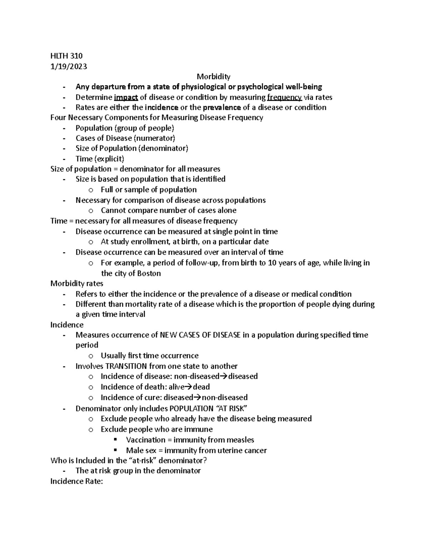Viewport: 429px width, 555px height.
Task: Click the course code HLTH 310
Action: pos(66,56)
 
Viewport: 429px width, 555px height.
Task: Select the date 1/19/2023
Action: pos(69,66)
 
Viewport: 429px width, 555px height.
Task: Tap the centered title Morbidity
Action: pos(213,76)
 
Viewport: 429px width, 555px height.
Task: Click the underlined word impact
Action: pos(126,97)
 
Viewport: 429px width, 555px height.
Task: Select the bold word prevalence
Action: pos(222,108)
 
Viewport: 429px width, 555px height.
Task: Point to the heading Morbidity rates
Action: pos(77,283)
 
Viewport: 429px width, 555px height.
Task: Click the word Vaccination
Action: pos(146,440)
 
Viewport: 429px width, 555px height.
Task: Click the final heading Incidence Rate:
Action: pos(77,481)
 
